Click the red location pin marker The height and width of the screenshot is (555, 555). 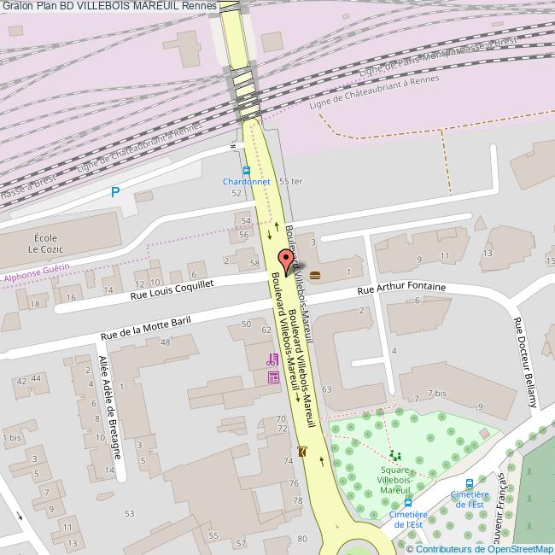(286, 260)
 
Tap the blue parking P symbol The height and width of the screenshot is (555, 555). (115, 192)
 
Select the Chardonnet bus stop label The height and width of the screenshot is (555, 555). (246, 182)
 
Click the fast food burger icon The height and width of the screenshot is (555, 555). (315, 275)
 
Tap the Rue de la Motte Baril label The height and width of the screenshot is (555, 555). (145, 326)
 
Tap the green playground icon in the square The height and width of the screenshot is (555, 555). (394, 454)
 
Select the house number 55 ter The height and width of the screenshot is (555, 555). (290, 181)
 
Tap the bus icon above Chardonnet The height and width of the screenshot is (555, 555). (246, 170)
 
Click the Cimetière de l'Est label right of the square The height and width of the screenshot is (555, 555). (470, 499)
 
